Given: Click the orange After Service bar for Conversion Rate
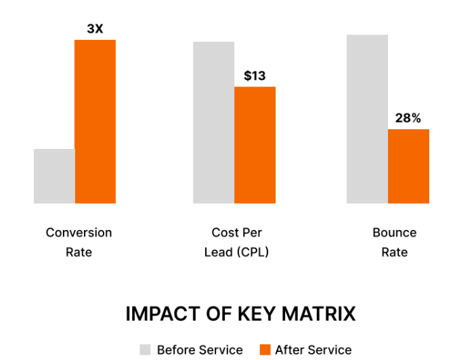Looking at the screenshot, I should pos(95,122).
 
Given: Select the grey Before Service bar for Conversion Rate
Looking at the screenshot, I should pos(54,176).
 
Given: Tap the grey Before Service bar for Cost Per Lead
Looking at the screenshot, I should pos(213,122).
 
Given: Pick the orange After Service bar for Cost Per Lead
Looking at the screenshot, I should pos(255,145).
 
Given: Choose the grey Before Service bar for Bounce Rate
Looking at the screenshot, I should pos(367,119).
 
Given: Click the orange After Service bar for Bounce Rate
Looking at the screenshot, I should pos(408,166).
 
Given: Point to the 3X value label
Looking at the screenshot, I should pos(95,29).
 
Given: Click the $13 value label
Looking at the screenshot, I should pos(255,76).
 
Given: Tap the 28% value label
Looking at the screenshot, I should pos(408,118).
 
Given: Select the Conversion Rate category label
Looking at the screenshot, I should pos(79,242).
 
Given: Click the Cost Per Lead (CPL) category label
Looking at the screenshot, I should pos(236,242).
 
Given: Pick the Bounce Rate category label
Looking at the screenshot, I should pos(394,242).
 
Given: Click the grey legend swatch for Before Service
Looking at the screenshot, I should pos(146,350).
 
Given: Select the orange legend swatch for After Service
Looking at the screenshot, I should pos(265,350).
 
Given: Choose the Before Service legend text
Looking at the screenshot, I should pos(200,350).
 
